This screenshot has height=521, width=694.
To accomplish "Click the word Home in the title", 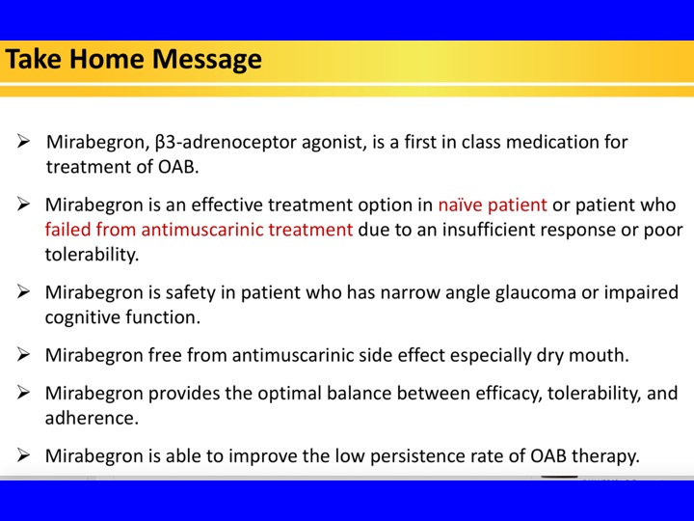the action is click(x=107, y=59).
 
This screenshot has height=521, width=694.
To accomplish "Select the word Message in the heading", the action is click(x=207, y=60).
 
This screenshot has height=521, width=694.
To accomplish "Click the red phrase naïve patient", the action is click(x=493, y=206).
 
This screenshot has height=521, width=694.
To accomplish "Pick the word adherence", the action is click(x=92, y=418).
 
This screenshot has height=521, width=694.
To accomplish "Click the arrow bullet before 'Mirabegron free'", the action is click(x=23, y=354).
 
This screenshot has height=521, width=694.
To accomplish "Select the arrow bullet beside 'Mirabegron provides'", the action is click(x=23, y=393).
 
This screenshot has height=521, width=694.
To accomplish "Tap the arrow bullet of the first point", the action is click(x=23, y=141).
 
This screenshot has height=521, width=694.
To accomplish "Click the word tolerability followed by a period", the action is click(x=92, y=255).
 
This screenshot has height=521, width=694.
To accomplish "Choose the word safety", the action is click(x=190, y=293).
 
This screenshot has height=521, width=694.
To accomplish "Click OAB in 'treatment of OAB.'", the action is click(x=178, y=167).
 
